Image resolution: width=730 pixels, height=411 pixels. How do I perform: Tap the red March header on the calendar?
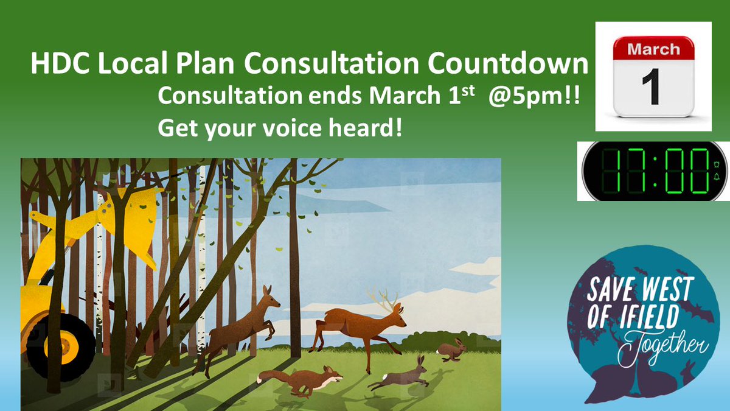(653, 48)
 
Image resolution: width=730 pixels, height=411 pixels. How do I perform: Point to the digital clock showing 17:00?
(653, 170)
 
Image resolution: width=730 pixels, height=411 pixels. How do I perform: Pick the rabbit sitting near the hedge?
(452, 350)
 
